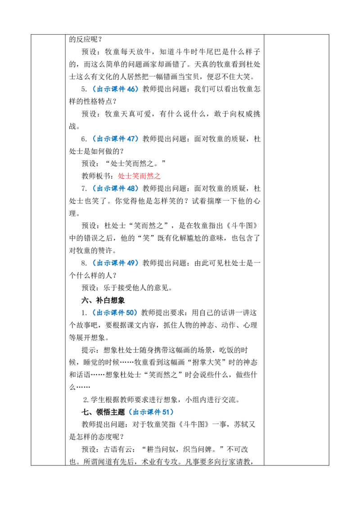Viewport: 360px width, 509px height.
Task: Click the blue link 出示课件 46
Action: [116, 89]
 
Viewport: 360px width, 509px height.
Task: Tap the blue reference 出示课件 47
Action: [116, 138]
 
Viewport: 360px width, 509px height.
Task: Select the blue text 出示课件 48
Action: [116, 188]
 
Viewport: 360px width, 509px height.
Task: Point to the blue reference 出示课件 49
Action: [116, 263]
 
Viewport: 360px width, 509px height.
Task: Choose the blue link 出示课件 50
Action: [115, 313]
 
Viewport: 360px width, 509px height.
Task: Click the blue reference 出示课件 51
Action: [151, 412]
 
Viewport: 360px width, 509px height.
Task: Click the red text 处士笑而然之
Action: [139, 176]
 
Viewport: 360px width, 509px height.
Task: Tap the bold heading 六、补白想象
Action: [103, 300]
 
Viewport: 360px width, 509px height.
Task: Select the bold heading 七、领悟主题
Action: [103, 412]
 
